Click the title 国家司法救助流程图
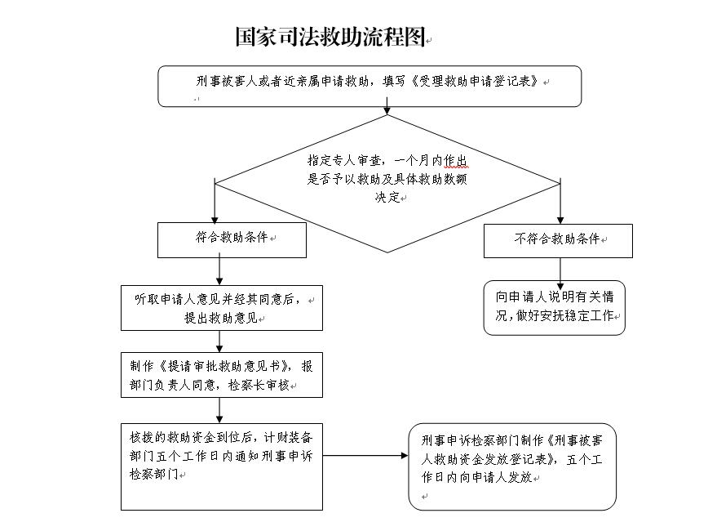(330, 37)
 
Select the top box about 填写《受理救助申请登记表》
(369, 86)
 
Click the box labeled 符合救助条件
(220, 239)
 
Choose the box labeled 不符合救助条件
(558, 240)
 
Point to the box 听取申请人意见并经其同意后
(221, 308)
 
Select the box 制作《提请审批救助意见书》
(221, 375)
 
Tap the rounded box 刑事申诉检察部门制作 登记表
(512, 466)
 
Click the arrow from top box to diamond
(387, 110)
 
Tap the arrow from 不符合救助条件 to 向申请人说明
(560, 269)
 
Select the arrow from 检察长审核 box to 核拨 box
(219, 409)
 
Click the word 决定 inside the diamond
(386, 197)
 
